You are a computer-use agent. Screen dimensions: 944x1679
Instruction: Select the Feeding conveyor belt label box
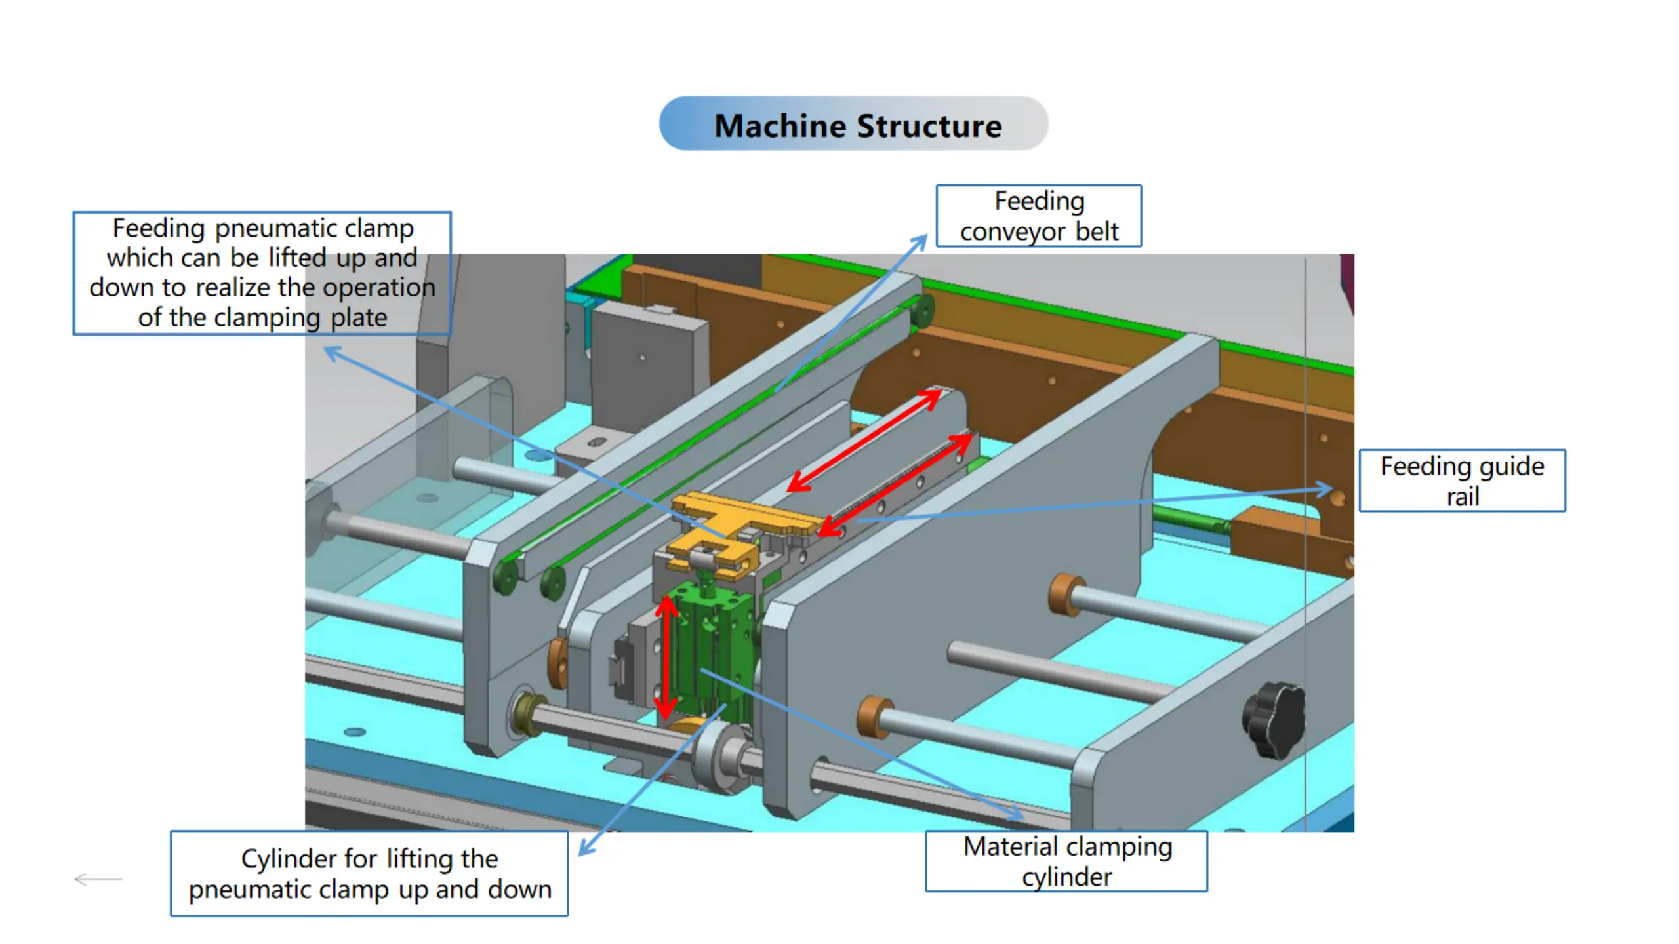tap(1038, 216)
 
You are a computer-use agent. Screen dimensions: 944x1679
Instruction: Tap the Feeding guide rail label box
tap(1462, 481)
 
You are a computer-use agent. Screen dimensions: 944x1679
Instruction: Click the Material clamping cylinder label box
tap(1066, 861)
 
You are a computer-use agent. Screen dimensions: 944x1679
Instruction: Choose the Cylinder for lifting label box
tap(369, 873)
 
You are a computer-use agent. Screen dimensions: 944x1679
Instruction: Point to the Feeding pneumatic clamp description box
tap(262, 273)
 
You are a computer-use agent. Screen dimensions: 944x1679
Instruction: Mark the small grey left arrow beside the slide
tap(98, 879)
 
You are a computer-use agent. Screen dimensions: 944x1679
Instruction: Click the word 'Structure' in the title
tap(929, 126)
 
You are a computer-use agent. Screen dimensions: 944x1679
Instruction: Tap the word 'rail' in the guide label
tap(1463, 497)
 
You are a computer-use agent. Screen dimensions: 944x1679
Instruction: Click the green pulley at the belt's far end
tap(923, 311)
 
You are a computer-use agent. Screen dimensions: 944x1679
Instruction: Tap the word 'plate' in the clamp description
tap(359, 318)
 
